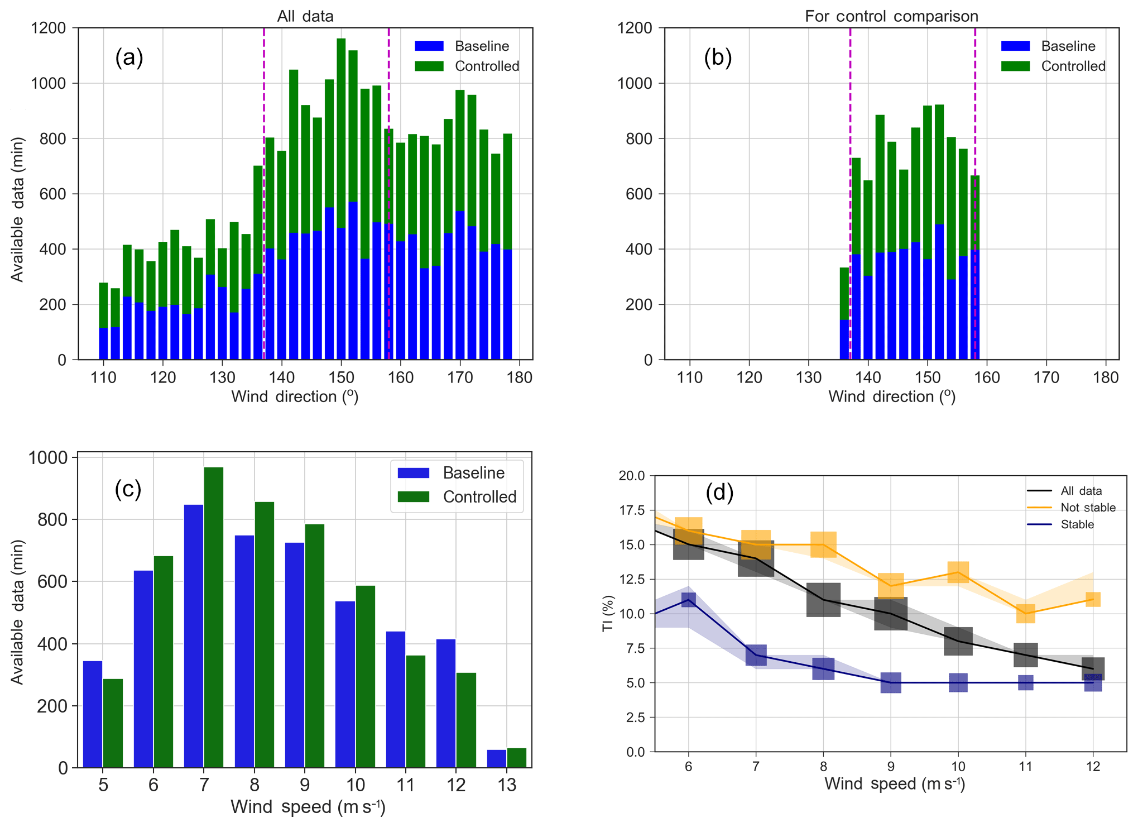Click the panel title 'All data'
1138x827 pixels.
tap(305, 16)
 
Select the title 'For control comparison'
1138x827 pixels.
tap(891, 16)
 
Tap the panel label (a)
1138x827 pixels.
tap(129, 58)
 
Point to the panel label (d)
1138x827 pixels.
tap(719, 493)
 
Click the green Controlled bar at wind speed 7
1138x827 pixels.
tap(214, 617)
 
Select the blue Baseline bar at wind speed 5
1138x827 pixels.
tap(93, 714)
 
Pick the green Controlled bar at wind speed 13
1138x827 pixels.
tap(516, 758)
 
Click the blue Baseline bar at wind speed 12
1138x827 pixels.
tap(446, 703)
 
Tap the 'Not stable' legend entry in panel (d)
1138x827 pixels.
tap(1087, 508)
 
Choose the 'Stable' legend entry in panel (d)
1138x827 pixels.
tap(1077, 524)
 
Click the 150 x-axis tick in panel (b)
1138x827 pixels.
tap(927, 377)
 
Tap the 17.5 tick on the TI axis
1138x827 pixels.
tap(632, 510)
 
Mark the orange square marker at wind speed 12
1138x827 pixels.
tap(1093, 599)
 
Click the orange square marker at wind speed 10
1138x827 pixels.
tap(958, 572)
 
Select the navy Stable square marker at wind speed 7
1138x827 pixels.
tap(756, 654)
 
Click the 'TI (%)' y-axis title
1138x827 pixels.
tap(608, 613)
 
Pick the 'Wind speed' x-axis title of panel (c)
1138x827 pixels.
tap(308, 807)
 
